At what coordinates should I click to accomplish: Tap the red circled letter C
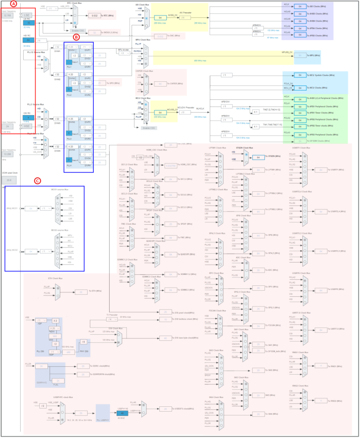[37, 180]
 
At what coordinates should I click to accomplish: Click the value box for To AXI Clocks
[300, 7]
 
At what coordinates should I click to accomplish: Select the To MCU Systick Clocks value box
[300, 75]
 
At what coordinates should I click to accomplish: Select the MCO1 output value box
[31, 208]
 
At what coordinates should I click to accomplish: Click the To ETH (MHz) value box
[81, 291]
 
